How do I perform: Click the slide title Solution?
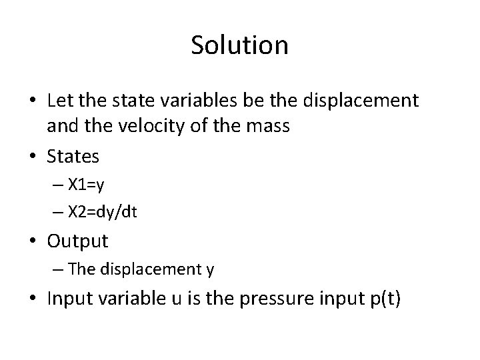239,45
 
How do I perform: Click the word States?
73,157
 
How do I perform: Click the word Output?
77,240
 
